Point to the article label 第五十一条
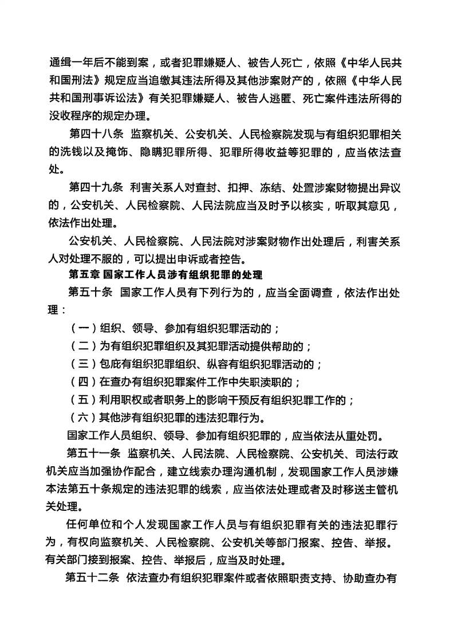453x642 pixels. click(x=93, y=454)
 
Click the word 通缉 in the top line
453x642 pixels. click(x=61, y=62)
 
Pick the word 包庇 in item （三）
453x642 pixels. click(x=111, y=364)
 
